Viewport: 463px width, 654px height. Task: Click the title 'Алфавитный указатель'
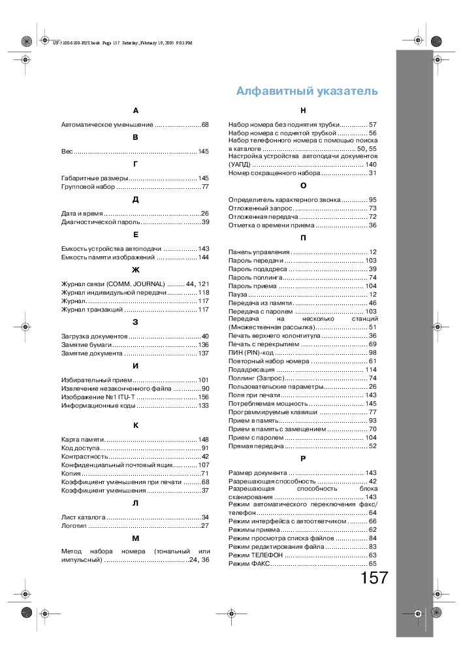[x=306, y=91]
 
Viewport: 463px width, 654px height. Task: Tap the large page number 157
[x=374, y=578]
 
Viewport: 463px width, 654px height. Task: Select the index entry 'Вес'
[x=67, y=152]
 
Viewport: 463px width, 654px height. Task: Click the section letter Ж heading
[x=135, y=269]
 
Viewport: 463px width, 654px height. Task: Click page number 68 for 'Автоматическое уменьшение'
[x=204, y=124]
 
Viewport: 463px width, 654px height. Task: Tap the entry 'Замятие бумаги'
[x=86, y=344]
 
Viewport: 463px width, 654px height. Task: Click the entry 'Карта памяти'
[x=83, y=439]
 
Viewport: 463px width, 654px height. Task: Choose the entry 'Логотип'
[x=74, y=525]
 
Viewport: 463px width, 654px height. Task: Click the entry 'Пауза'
[x=238, y=295]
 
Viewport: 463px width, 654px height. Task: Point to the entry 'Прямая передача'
[x=256, y=446]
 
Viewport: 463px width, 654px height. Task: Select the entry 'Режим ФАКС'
[x=249, y=563]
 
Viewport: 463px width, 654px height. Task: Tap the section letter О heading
[x=303, y=186]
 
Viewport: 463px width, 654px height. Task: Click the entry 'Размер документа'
[x=257, y=472]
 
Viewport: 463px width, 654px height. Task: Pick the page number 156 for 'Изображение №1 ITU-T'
[x=203, y=397]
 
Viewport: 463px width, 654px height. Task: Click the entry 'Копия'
[x=71, y=473]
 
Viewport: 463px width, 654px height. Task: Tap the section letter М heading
[x=135, y=537]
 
